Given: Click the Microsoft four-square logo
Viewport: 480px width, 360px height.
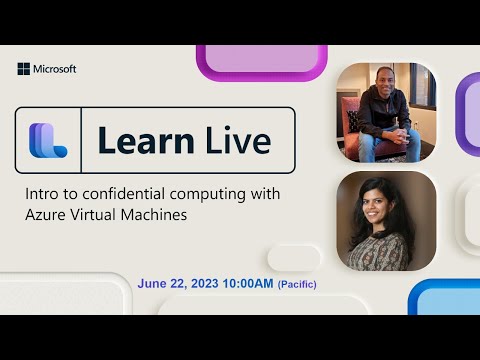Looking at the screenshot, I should [23, 69].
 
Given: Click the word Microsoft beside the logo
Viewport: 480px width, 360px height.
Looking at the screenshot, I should [55, 69].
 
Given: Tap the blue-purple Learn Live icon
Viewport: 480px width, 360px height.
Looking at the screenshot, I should [48, 141].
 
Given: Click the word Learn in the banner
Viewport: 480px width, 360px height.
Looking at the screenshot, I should [141, 141].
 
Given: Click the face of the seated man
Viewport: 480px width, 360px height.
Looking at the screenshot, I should [385, 83].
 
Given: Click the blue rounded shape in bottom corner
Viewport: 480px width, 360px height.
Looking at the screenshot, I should [445, 298].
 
